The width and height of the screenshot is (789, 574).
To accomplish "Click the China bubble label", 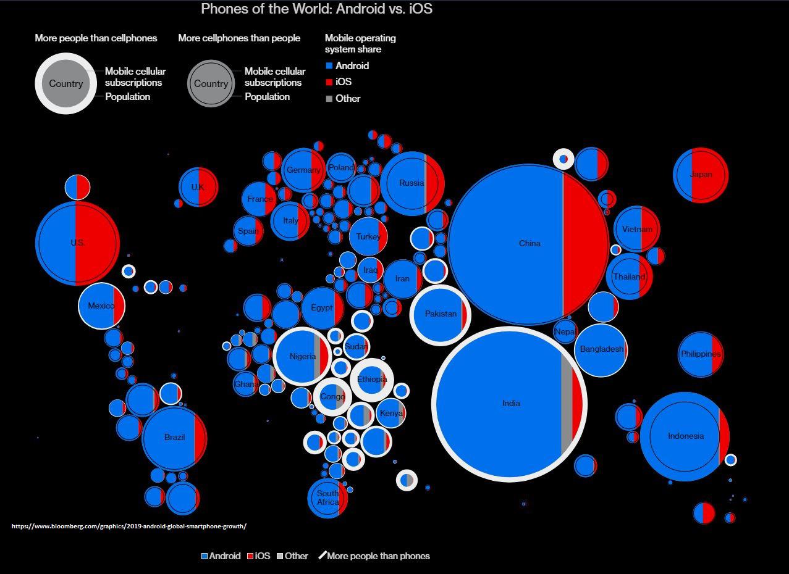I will coord(530,243).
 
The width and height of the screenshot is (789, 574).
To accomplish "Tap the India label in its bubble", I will coord(511,403).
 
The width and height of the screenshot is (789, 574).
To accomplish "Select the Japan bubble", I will coord(701,175).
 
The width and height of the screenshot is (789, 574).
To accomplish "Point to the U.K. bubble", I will coord(198,187).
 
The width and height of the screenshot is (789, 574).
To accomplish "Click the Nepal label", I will coord(565,331).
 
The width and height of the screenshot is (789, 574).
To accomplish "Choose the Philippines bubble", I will coord(700,354).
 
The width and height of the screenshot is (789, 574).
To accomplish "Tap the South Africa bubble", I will coord(327,497).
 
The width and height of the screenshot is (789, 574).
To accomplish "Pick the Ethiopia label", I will coord(372,379).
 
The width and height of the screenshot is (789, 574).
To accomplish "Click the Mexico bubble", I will coord(101,306).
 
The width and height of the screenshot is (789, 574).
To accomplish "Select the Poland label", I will coord(341,167).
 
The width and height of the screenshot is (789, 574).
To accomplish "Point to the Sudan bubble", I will coord(357,346).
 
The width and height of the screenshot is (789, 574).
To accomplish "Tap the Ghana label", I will coord(246,385).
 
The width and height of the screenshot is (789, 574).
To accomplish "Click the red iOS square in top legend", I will coord(329,82).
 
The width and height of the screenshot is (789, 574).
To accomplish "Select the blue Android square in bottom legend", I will coord(205,556).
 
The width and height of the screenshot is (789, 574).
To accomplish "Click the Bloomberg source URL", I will coord(129,526).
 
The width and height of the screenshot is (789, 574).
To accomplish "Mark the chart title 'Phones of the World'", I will coord(316,9).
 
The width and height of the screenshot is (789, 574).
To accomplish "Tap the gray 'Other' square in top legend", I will coord(329,99).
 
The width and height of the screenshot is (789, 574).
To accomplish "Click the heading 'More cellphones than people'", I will coord(239,38).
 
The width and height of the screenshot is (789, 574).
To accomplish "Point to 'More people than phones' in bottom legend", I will coord(378,556).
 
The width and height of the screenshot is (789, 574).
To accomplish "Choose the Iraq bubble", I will coord(370,270).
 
